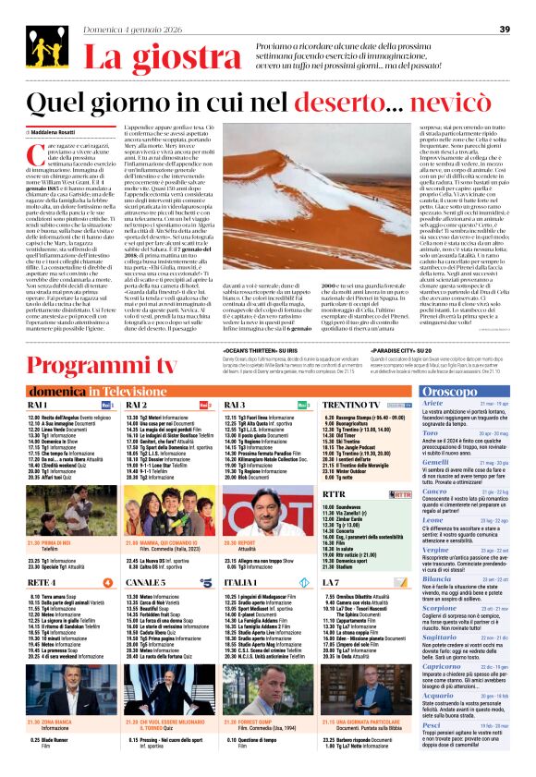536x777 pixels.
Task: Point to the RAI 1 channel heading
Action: click(x=38, y=379)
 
